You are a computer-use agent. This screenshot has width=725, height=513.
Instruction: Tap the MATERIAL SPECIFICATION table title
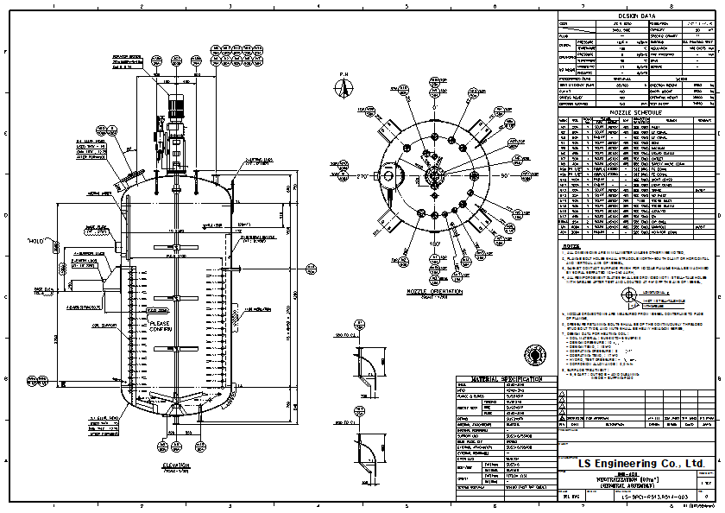[507, 379]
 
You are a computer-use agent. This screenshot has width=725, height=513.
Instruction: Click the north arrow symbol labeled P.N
[344, 89]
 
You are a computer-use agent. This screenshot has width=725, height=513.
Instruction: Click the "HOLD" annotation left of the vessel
[35, 241]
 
